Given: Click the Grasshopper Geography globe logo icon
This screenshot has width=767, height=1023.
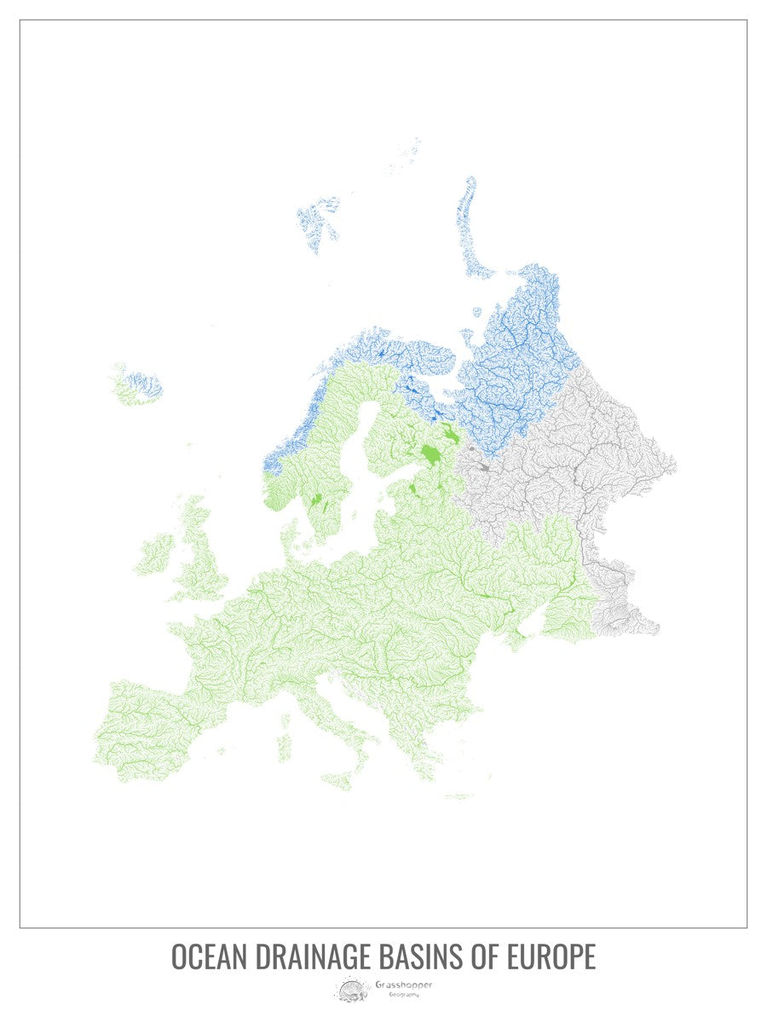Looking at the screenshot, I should [x=350, y=990].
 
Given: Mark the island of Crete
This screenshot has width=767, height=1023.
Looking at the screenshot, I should [x=458, y=797].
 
